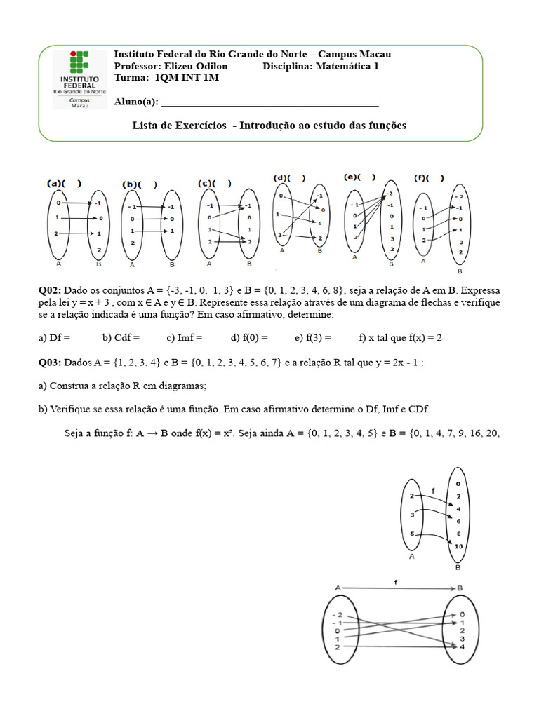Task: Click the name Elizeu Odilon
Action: pos(193,66)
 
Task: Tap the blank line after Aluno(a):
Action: pos(270,102)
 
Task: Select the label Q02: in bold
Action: pos(51,290)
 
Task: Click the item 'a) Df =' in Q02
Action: pos(54,337)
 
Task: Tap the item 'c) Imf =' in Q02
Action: pos(184,337)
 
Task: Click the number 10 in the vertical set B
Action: pos(458,546)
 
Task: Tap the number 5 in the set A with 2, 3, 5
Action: pos(411,535)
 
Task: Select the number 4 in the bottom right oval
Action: pos(462,647)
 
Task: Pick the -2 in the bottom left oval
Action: pos(337,614)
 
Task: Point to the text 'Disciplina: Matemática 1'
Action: pos(320,66)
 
